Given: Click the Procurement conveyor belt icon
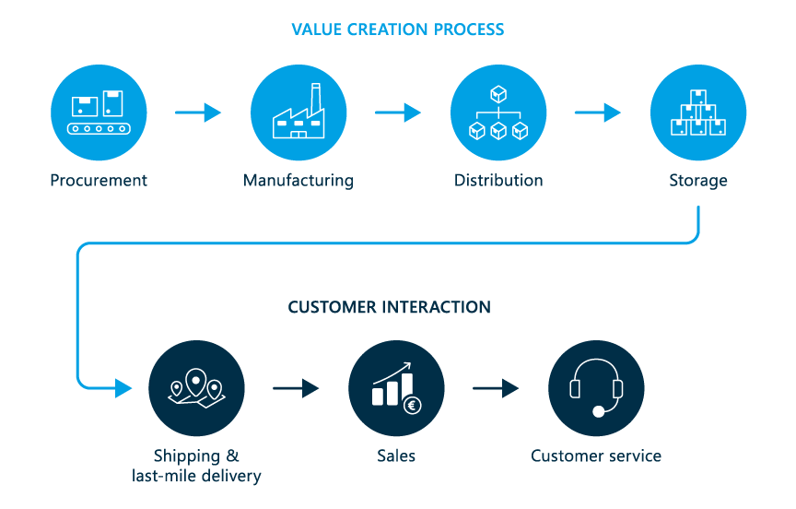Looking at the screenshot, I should (99, 112).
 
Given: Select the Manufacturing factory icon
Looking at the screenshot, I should (298, 112).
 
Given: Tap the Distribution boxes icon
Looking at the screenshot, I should (498, 112).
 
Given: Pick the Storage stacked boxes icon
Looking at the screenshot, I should (698, 112).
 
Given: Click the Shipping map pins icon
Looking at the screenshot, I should (196, 388).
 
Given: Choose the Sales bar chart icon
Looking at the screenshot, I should (396, 388).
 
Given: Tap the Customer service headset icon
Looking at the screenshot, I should (596, 388).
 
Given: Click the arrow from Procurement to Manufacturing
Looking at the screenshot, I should (198, 112).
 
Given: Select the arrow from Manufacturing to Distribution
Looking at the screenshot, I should (398, 112).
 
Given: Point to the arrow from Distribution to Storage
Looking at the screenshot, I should (598, 112).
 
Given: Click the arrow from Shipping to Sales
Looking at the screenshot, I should (296, 388).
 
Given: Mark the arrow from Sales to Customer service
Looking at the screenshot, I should (496, 388).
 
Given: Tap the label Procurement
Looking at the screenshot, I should (99, 181).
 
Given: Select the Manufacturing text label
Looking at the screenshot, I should (298, 181).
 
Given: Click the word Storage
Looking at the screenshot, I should (698, 181).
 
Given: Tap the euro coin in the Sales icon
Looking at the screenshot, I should (412, 404).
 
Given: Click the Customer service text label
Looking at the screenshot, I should (596, 456).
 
